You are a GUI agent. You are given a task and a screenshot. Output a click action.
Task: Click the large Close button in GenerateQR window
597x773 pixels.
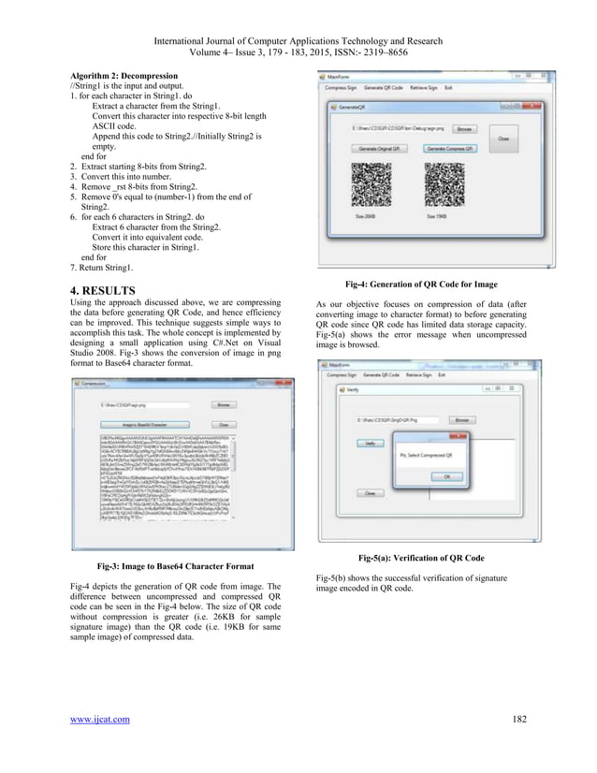coord(502,136)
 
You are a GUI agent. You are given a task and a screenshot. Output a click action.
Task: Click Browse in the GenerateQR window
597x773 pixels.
coord(465,128)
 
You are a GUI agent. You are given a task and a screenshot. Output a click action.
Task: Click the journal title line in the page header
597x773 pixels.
coord(298,41)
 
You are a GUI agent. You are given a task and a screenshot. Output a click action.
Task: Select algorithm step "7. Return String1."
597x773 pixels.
coord(102,267)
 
